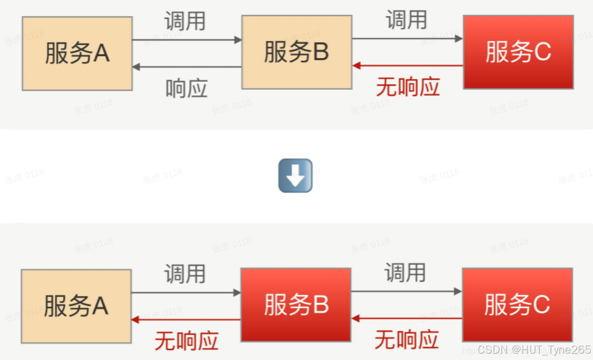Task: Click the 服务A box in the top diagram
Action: pyautogui.click(x=77, y=53)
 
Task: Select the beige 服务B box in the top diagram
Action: pyautogui.click(x=296, y=52)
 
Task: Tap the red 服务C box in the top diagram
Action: pyautogui.click(x=518, y=52)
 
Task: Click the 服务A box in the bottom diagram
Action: pyautogui.click(x=76, y=306)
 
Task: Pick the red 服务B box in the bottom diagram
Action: pyautogui.click(x=296, y=305)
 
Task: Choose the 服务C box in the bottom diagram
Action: pyautogui.click(x=517, y=305)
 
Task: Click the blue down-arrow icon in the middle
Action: pyautogui.click(x=295, y=175)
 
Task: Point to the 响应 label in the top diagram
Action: pyautogui.click(x=186, y=89)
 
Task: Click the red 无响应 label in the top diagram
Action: pyautogui.click(x=408, y=87)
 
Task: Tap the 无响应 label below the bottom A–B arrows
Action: pyautogui.click(x=186, y=341)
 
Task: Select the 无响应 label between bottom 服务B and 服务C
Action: pyautogui.click(x=407, y=340)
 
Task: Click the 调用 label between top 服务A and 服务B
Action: pyautogui.click(x=185, y=21)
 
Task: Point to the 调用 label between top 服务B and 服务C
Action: pyautogui.click(x=406, y=20)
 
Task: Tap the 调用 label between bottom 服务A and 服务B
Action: pyautogui.click(x=185, y=274)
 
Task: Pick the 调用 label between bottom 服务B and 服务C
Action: pyautogui.click(x=405, y=273)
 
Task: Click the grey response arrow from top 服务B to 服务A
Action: pyautogui.click(x=187, y=67)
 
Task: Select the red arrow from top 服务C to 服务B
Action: pyautogui.click(x=408, y=66)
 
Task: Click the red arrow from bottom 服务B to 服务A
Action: pyautogui.click(x=186, y=319)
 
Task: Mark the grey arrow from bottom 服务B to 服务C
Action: pyautogui.click(x=406, y=291)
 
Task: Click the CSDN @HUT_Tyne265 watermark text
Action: pyautogui.click(x=534, y=350)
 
